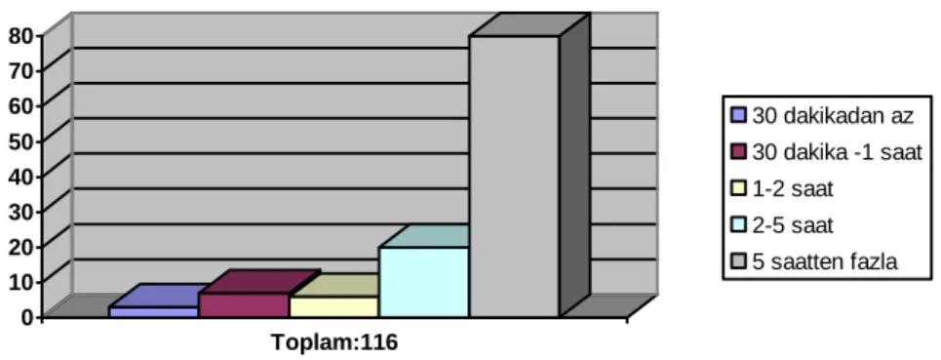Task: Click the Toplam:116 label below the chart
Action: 334,342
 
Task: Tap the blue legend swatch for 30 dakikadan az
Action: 739,115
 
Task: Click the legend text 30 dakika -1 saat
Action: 838,152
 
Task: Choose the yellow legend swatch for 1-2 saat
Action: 739,189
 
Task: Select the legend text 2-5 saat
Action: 794,225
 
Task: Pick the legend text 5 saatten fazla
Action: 825,262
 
